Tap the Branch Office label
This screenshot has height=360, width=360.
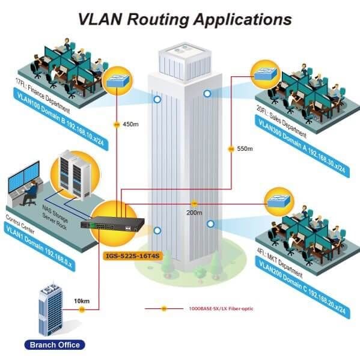pyautogui.click(x=55, y=345)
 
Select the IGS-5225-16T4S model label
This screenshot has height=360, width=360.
pyautogui.click(x=132, y=256)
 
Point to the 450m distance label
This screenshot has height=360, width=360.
pyautogui.click(x=130, y=124)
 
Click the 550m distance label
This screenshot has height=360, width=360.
pyautogui.click(x=245, y=149)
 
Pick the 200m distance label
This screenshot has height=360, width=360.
pyautogui.click(x=194, y=213)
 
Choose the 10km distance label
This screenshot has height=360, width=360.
pyautogui.click(x=82, y=301)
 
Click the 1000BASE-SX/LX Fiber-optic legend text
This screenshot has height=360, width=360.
pyautogui.click(x=221, y=308)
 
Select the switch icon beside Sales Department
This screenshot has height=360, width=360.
pyautogui.click(x=265, y=73)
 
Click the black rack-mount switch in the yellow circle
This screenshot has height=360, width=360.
pyautogui.click(x=112, y=224)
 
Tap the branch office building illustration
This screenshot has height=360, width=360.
pyautogui.click(x=50, y=309)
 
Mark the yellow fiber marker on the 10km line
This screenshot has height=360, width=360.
pyautogui.click(x=82, y=310)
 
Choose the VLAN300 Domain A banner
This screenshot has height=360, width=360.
pyautogui.click(x=302, y=146)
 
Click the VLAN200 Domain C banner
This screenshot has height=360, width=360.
pyautogui.click(x=302, y=287)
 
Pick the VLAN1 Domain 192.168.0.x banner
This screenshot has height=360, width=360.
pyautogui.click(x=40, y=246)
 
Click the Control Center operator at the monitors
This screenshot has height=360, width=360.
pyautogui.click(x=30, y=192)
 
